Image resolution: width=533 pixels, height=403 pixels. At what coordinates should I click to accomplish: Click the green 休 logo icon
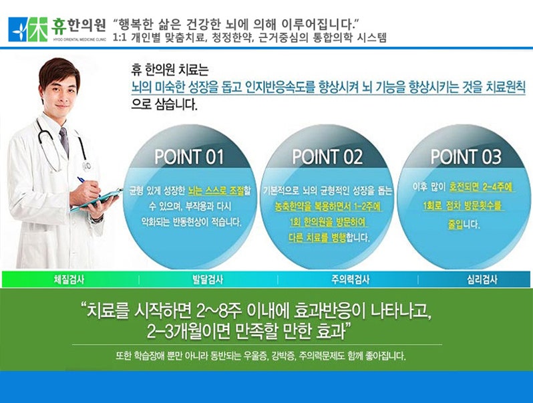coord(37,29)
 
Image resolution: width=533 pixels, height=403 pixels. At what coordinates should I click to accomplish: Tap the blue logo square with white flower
coord(18,29)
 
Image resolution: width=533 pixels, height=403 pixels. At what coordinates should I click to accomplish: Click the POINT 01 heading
coord(189,157)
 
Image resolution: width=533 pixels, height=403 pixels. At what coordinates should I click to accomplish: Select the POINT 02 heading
coord(327,157)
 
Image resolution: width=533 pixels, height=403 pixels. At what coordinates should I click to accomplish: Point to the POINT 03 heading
coord(466,157)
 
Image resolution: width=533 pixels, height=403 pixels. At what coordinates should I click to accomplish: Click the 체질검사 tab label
coord(69,280)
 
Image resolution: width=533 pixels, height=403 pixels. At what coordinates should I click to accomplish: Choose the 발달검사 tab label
coord(208,280)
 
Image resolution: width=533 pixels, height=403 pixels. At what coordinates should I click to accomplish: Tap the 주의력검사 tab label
coord(351,280)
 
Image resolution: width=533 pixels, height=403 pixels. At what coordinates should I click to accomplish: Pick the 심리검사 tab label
coord(482,280)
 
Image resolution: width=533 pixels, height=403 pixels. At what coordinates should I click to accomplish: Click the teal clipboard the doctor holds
coord(97,200)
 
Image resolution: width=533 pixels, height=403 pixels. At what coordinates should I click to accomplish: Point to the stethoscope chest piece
coord(87,166)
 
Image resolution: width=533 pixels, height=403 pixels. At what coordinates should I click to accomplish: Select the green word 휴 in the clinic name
coord(59,26)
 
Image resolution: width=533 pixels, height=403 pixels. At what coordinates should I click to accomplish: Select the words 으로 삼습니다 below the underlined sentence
coord(164,104)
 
